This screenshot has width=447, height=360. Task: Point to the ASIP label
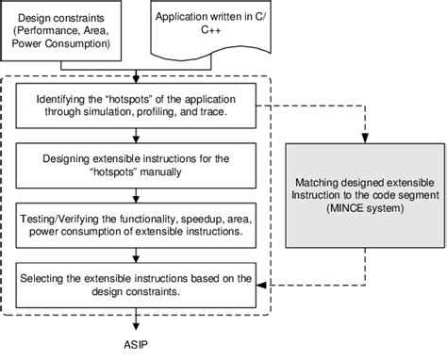(x=138, y=346)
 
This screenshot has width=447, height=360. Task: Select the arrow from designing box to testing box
(x=138, y=193)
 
